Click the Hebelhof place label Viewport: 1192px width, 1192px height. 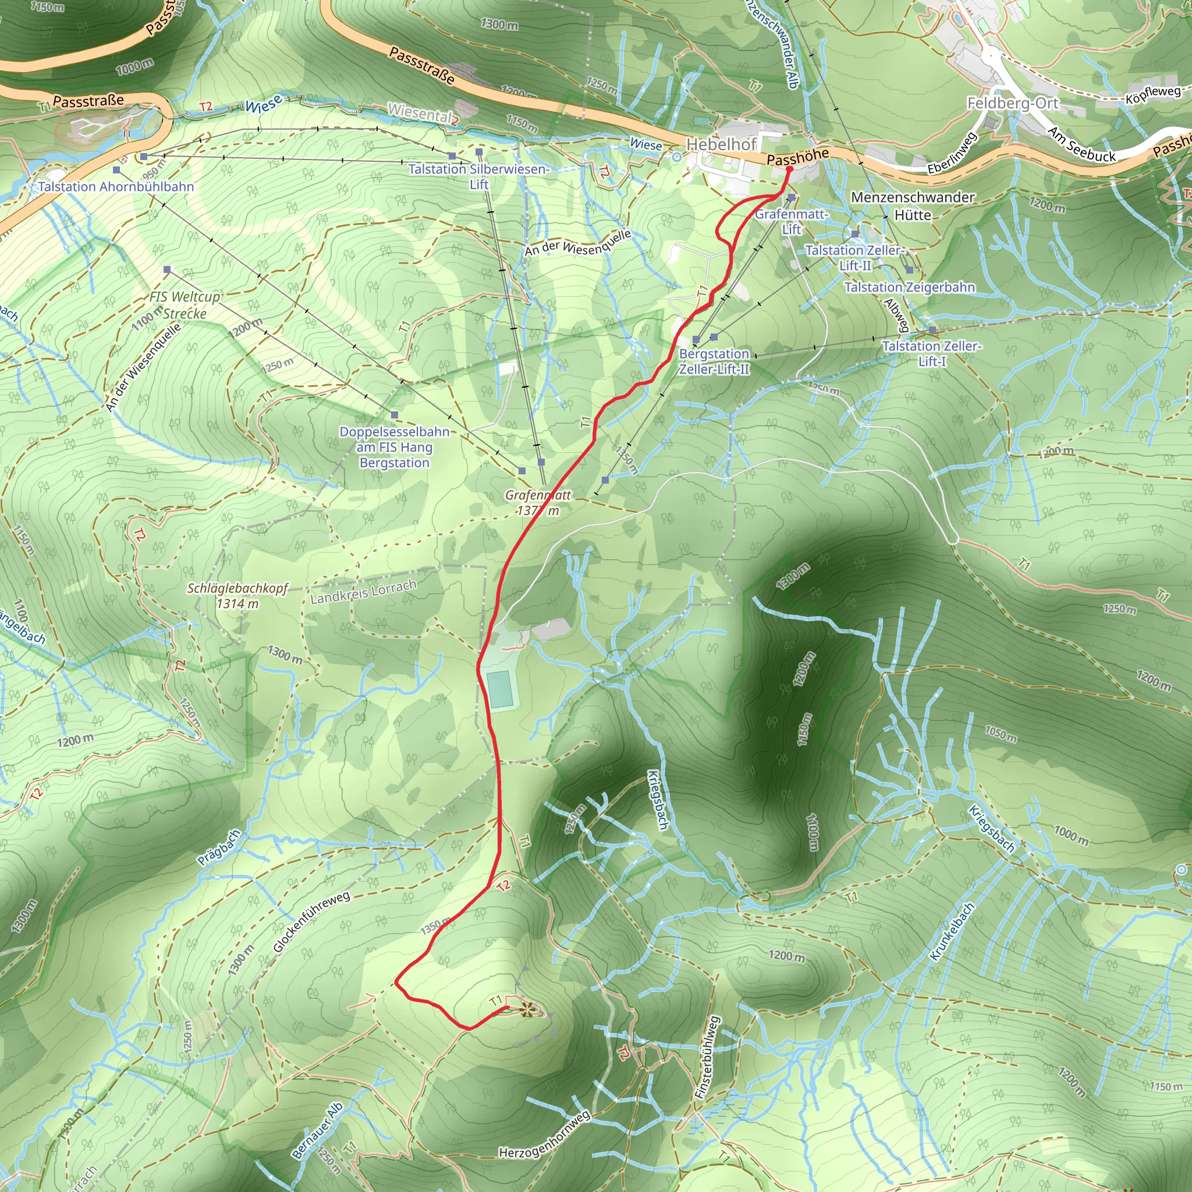point(721,144)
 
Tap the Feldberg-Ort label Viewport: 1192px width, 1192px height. point(1013,103)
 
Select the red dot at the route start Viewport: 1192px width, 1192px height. point(789,169)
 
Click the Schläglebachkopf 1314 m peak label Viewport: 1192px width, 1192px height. point(237,596)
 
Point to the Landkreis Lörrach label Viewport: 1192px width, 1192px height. point(363,592)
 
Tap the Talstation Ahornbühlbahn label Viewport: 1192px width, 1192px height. point(116,186)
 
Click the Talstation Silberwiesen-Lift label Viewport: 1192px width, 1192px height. point(478,176)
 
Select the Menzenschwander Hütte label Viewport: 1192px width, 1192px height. point(913,206)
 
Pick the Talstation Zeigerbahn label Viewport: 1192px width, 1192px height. point(910,287)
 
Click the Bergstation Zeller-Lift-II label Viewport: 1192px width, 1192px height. point(714,361)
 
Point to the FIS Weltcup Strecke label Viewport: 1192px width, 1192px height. point(185,305)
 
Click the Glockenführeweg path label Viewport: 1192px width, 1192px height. point(311,923)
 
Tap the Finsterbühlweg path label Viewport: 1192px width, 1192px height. point(707,1058)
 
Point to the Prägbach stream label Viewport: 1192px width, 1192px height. point(218,849)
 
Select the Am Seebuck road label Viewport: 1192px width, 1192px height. point(1081,144)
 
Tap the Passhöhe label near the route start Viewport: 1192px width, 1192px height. point(797,157)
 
